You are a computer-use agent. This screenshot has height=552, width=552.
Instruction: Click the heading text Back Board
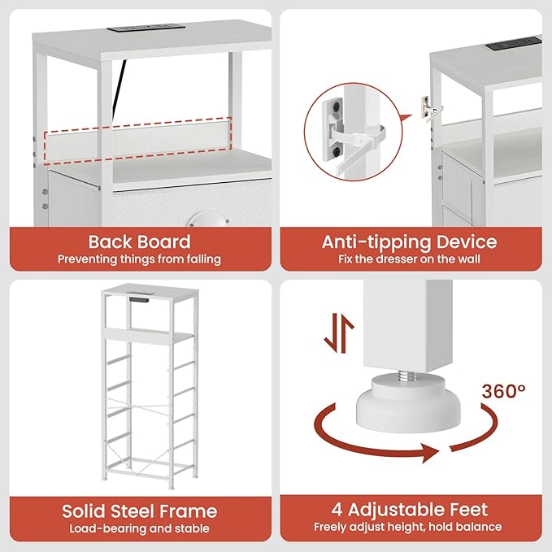(x=139, y=241)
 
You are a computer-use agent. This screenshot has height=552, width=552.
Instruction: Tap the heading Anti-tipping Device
(x=410, y=242)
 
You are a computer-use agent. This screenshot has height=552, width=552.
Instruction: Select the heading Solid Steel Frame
(x=139, y=511)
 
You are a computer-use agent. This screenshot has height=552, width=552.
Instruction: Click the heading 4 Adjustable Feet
(x=410, y=510)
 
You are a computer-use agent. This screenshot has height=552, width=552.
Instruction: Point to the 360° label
(x=504, y=391)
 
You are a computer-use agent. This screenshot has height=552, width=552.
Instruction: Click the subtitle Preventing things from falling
(x=139, y=259)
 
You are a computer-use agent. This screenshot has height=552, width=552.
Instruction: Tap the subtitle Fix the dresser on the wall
(x=410, y=259)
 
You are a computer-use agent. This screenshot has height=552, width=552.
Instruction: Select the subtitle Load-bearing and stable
(x=139, y=528)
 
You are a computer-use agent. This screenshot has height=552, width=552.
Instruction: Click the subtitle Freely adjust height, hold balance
(x=408, y=527)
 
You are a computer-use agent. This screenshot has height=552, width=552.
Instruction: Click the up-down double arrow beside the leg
(x=339, y=333)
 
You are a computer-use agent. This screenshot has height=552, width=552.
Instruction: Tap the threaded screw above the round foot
(x=407, y=376)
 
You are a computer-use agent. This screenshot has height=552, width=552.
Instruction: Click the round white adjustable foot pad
(x=408, y=405)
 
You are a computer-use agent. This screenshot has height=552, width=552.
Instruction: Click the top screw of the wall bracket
(x=338, y=105)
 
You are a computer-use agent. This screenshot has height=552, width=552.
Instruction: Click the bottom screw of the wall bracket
(x=338, y=153)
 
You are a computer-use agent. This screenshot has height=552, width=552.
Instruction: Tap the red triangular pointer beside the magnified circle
(x=406, y=119)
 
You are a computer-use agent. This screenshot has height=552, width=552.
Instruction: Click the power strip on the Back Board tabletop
(x=146, y=28)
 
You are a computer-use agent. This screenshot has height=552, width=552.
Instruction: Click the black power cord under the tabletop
(x=119, y=88)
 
